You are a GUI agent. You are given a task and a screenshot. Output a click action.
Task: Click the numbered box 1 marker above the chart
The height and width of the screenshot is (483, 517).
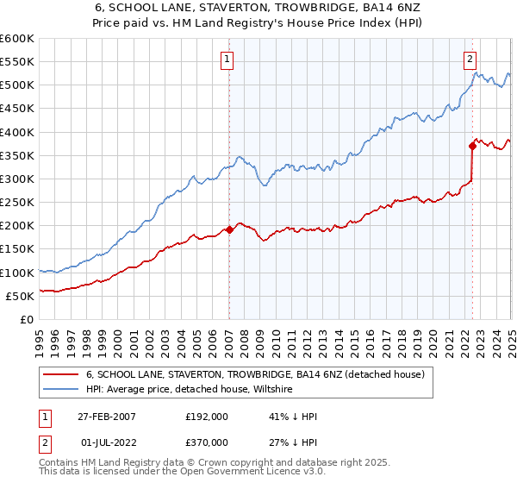pyautogui.click(x=226, y=60)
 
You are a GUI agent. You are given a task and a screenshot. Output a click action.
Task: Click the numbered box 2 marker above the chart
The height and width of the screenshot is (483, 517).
pyautogui.click(x=470, y=60)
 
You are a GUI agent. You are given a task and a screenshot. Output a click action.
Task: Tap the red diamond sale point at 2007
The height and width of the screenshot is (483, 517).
pyautogui.click(x=229, y=229)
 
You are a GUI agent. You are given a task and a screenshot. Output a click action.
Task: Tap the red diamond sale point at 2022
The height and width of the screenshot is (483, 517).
pyautogui.click(x=473, y=146)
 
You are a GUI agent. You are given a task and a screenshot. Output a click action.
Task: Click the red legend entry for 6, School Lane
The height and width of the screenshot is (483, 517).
pyautogui.click(x=255, y=375)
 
